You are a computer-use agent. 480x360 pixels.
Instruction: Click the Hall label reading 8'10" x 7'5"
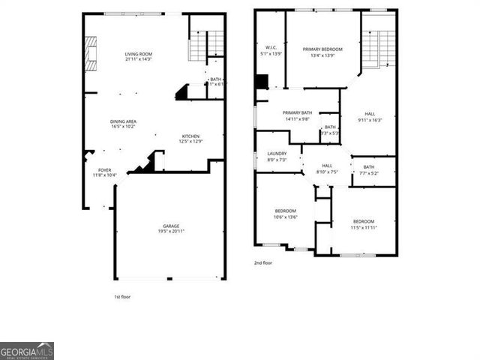pos(327,168)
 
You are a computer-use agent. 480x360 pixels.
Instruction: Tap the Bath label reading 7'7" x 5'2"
pos(369,169)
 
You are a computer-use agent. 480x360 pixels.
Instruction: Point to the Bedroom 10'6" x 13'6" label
pos(285,213)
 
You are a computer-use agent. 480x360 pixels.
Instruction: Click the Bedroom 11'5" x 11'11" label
pos(364,223)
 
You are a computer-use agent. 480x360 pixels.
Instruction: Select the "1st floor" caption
pos(122,297)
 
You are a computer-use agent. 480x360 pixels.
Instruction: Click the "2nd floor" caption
pos(263,263)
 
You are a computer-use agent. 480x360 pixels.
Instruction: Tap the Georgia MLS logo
pos(27,351)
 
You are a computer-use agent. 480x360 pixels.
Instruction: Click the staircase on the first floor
pos(197,46)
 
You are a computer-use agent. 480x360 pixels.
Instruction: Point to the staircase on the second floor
pos(373,49)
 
